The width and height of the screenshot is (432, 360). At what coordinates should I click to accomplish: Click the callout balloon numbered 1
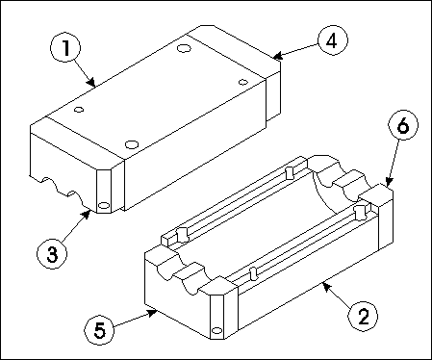pos(65,48)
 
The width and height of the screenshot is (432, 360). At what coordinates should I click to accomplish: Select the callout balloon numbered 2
pos(363,316)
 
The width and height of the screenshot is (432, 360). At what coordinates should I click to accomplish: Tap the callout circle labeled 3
pos(52,254)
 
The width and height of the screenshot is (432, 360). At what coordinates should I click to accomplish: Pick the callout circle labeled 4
pos(333,40)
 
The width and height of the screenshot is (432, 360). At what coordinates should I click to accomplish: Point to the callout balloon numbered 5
pos(99,329)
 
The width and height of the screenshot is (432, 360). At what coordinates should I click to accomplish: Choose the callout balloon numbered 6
pos(403,124)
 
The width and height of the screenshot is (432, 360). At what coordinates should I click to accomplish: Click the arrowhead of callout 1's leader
pos(92,83)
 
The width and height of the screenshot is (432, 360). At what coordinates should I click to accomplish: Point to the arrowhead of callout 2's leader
pos(326,286)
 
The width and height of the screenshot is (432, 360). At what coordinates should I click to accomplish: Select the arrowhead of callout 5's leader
pos(152,313)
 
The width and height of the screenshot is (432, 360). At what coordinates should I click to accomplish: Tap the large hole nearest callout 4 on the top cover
pos(184,49)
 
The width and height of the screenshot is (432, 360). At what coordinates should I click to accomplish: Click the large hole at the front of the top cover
pos(132,144)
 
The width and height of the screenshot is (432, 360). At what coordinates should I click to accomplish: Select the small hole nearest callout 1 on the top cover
pos(79,110)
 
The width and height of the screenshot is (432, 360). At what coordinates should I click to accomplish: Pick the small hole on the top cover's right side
pos(243,82)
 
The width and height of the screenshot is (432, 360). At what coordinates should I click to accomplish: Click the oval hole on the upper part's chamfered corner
pos(104,205)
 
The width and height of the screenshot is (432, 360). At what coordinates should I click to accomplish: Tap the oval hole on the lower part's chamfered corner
pos(217,330)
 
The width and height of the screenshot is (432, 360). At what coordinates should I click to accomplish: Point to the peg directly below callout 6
pos(360,212)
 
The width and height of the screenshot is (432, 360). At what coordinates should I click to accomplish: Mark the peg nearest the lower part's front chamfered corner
pos(254,273)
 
